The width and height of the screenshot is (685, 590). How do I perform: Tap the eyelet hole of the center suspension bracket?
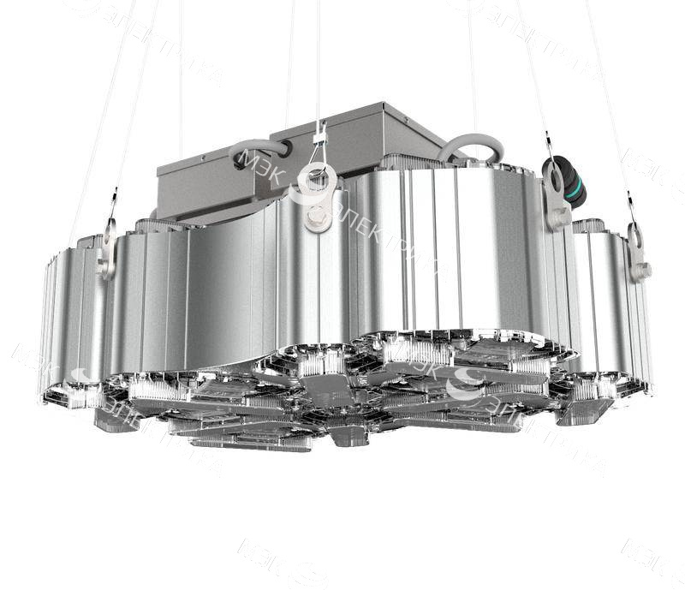319,180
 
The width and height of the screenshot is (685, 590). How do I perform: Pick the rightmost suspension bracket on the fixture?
637,255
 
